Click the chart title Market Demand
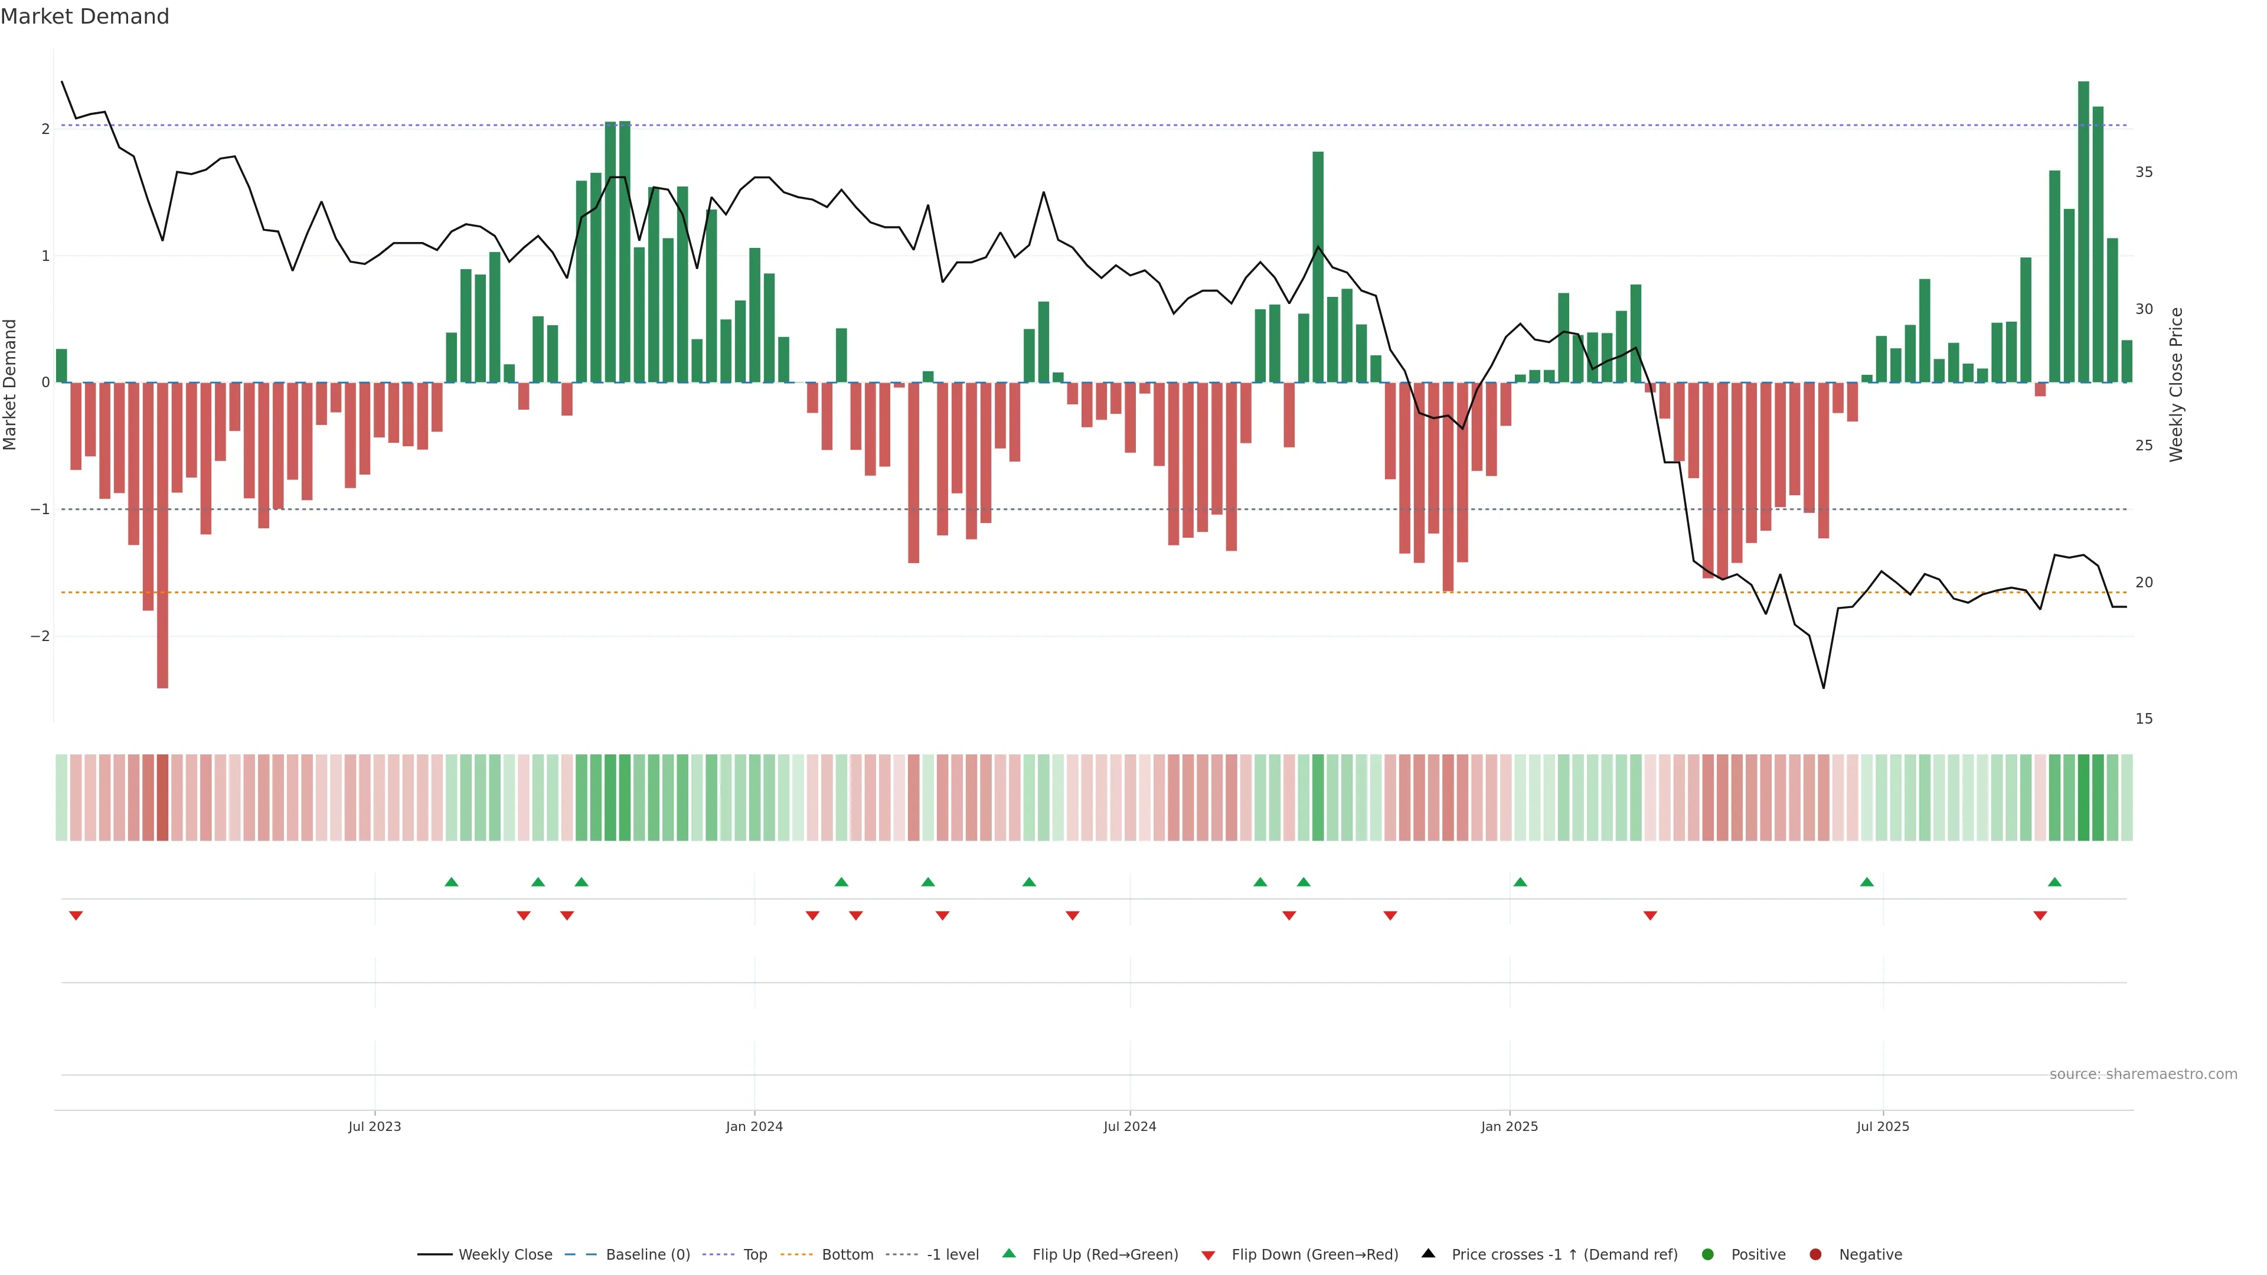[x=84, y=17]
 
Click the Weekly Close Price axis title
[x=2176, y=384]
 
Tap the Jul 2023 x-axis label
[x=374, y=1126]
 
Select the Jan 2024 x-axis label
[x=754, y=1126]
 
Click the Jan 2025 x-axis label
[x=1510, y=1126]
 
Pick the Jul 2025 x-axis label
[x=1883, y=1126]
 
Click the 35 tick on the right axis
[x=2144, y=172]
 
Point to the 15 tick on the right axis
[x=2144, y=719]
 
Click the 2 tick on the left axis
[x=45, y=129]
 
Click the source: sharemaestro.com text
[x=2143, y=1074]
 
